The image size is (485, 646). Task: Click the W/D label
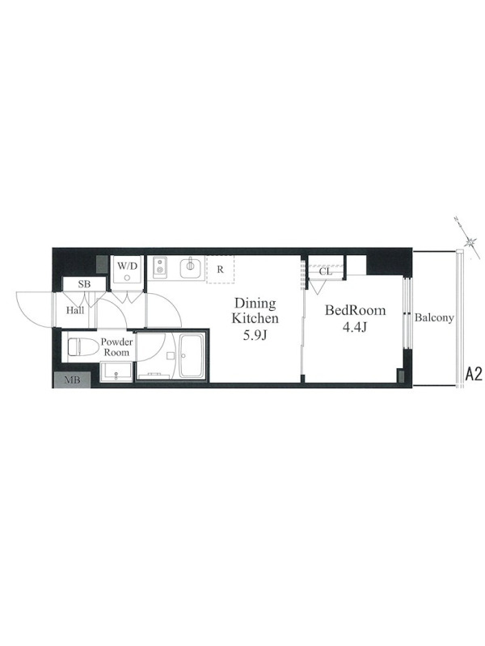[x=127, y=266]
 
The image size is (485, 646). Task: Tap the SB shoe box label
[x=84, y=284]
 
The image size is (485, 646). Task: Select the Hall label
[x=75, y=310]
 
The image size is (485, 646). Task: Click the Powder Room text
[x=116, y=347]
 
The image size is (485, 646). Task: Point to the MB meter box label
[x=72, y=380]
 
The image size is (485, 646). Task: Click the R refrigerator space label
[x=220, y=270]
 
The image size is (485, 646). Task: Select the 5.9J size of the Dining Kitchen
[x=255, y=335]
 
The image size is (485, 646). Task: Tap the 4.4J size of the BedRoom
[x=355, y=327]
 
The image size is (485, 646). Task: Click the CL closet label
[x=326, y=272]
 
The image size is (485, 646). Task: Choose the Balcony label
[x=434, y=317]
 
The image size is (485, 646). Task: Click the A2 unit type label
[x=474, y=374]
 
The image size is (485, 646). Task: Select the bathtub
[x=192, y=356]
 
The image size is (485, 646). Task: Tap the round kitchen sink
[x=191, y=267]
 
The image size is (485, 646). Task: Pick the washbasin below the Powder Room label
[x=116, y=372]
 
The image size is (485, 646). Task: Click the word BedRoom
[x=356, y=310]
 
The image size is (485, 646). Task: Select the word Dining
[x=255, y=304]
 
